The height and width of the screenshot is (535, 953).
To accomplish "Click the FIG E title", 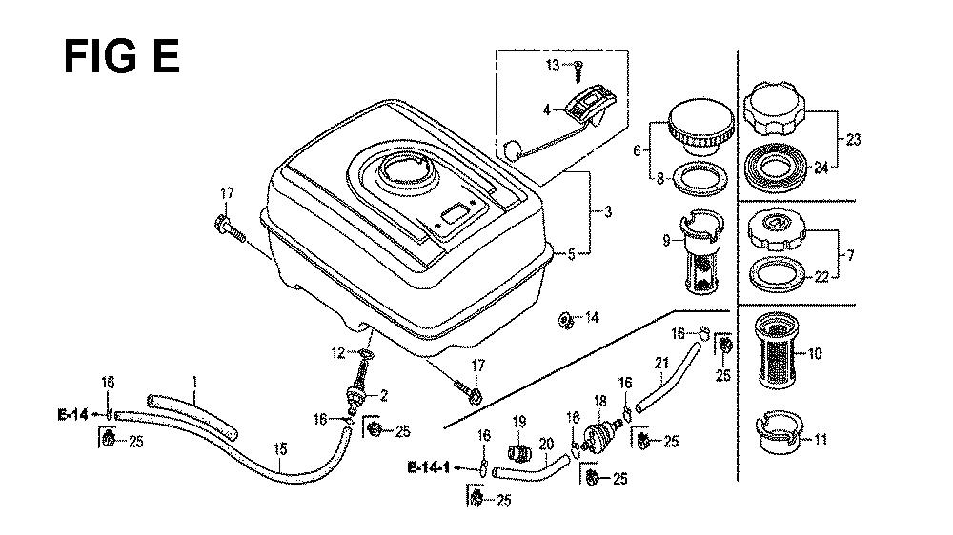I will (x=120, y=57).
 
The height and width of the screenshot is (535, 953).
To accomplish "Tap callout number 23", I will (x=853, y=140).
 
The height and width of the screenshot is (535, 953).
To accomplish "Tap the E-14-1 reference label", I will (x=428, y=466).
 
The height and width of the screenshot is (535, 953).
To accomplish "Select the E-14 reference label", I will (x=72, y=414).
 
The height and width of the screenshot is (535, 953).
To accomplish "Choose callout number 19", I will (x=518, y=422).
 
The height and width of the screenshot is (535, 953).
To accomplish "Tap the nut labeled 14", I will (x=566, y=319).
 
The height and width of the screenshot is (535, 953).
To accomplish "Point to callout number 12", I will (x=336, y=353).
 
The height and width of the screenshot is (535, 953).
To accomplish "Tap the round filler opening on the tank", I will (x=407, y=176).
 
